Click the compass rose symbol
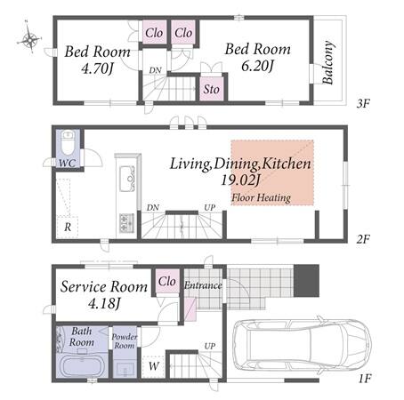tap(29, 37)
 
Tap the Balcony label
tap(327, 62)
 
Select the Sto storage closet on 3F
tap(211, 88)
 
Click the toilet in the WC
tap(68, 143)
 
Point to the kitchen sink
tap(127, 179)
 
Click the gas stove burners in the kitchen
tap(126, 223)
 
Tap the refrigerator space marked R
tap(68, 227)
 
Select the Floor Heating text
tap(261, 197)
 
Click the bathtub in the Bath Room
tap(82, 366)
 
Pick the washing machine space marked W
tap(153, 366)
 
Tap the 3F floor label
tap(363, 103)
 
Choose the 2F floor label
tap(363, 239)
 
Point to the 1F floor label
tap(365, 379)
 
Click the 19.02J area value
tap(240, 180)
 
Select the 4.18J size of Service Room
tap(104, 303)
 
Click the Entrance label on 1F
tap(203, 285)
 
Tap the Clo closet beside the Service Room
tap(167, 281)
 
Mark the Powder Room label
tap(125, 341)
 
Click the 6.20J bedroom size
tap(257, 66)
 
